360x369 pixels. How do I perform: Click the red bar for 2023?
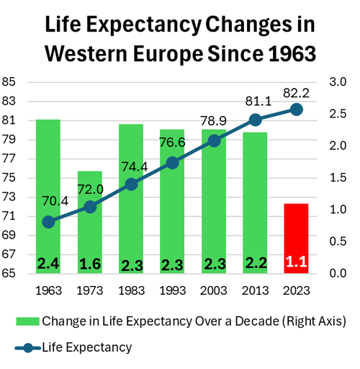click(x=296, y=239)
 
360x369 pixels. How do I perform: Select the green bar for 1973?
click(x=90, y=222)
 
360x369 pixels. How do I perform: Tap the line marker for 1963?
click(x=48, y=222)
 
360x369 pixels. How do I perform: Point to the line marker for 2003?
click(x=214, y=141)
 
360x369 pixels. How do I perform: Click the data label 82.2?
click(x=296, y=93)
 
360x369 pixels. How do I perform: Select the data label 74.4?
click(x=135, y=166)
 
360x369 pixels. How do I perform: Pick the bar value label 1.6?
click(x=90, y=264)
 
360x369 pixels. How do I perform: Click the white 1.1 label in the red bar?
click(x=297, y=262)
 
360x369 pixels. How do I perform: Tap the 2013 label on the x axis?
click(x=255, y=290)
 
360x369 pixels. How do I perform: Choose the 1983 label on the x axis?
click(x=132, y=290)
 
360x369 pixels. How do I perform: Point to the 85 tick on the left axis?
click(x=9, y=82)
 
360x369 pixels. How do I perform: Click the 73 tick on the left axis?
click(x=9, y=197)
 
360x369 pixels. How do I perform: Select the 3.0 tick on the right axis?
click(x=338, y=82)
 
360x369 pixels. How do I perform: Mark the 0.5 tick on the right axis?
click(x=338, y=241)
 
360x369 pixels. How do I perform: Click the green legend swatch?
click(x=27, y=321)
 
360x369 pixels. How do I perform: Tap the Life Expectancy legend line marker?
click(x=28, y=348)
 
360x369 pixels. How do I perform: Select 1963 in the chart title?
click(x=292, y=53)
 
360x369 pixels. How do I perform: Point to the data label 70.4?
click(x=55, y=201)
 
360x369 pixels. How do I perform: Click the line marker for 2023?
click(x=297, y=110)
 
